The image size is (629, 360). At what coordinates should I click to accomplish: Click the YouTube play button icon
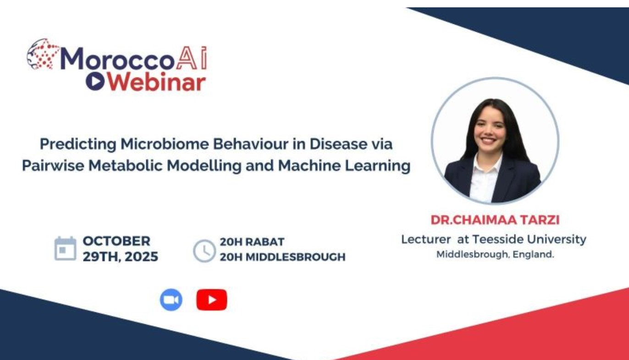(212, 300)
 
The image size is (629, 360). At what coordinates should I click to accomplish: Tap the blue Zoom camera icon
(171, 299)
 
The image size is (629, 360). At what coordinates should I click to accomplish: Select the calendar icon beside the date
(65, 249)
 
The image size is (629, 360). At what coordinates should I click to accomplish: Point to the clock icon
(204, 251)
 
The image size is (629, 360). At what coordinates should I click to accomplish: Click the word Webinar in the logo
(157, 82)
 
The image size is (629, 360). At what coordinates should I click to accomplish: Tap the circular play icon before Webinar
(95, 82)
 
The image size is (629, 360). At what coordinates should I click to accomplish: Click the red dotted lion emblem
(43, 54)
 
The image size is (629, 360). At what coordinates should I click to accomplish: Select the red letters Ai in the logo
(192, 58)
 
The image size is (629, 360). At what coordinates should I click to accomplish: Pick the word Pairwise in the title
(53, 165)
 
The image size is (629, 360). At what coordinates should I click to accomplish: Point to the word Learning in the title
(378, 166)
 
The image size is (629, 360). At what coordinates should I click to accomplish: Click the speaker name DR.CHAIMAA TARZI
(495, 220)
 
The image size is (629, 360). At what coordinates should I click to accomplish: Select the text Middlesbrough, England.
(495, 254)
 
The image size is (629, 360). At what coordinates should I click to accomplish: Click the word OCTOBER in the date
(116, 241)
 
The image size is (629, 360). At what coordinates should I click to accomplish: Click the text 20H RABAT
(252, 242)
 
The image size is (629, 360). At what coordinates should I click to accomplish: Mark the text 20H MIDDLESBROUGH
(282, 257)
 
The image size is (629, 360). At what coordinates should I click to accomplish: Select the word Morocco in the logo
(117, 58)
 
